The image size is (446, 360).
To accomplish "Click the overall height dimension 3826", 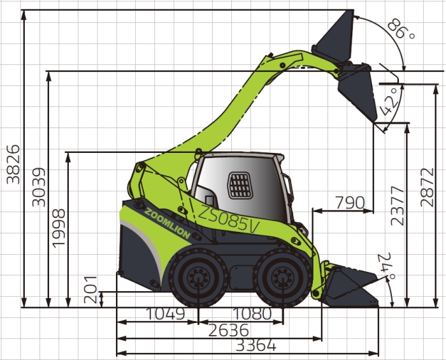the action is coord(13,164).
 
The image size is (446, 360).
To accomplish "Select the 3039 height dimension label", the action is coord(39,187).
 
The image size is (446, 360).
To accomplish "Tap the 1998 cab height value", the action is coord(59,228).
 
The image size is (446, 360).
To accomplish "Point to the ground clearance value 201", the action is coord(90,289).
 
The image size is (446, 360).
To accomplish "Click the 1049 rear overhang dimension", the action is coord(165,313).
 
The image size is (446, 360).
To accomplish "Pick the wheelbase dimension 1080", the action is coord(252,313).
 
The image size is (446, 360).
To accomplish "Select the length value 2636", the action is coord(229,330).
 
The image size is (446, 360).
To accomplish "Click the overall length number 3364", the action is coord(256,345).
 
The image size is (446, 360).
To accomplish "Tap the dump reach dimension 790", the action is coord(350,203).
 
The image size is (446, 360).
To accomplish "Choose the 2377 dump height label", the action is coord(398,206).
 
